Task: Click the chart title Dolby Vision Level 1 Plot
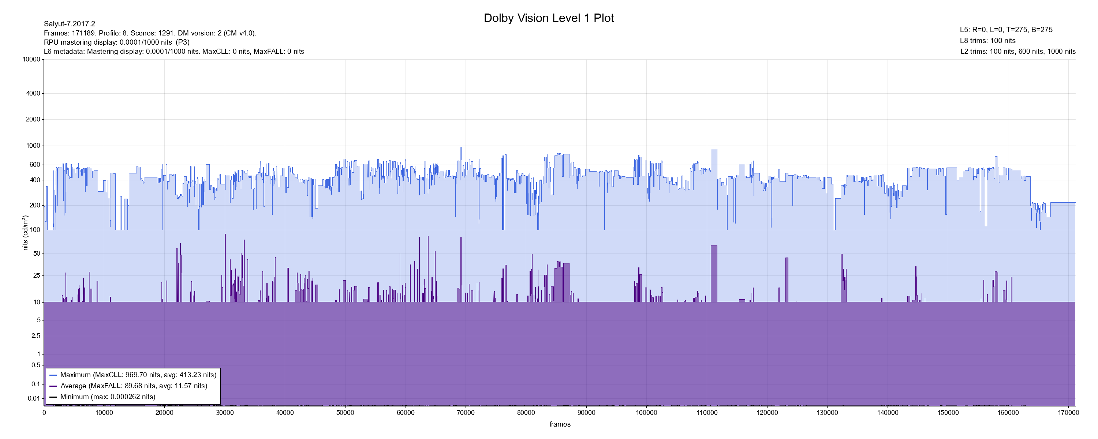(x=549, y=18)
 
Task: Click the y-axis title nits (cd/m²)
(x=26, y=233)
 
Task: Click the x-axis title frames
(x=560, y=424)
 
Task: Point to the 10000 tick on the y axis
(x=31, y=59)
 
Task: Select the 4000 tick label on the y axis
(x=33, y=93)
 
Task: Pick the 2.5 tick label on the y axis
(x=36, y=336)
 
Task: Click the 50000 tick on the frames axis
(x=345, y=413)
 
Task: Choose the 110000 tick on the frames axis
(x=707, y=413)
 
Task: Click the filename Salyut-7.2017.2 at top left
(x=70, y=24)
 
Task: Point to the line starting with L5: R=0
(x=1006, y=30)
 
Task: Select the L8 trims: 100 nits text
(x=987, y=41)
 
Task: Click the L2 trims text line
(x=1018, y=52)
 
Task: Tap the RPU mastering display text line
(x=117, y=42)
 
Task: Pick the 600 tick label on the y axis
(x=35, y=165)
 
